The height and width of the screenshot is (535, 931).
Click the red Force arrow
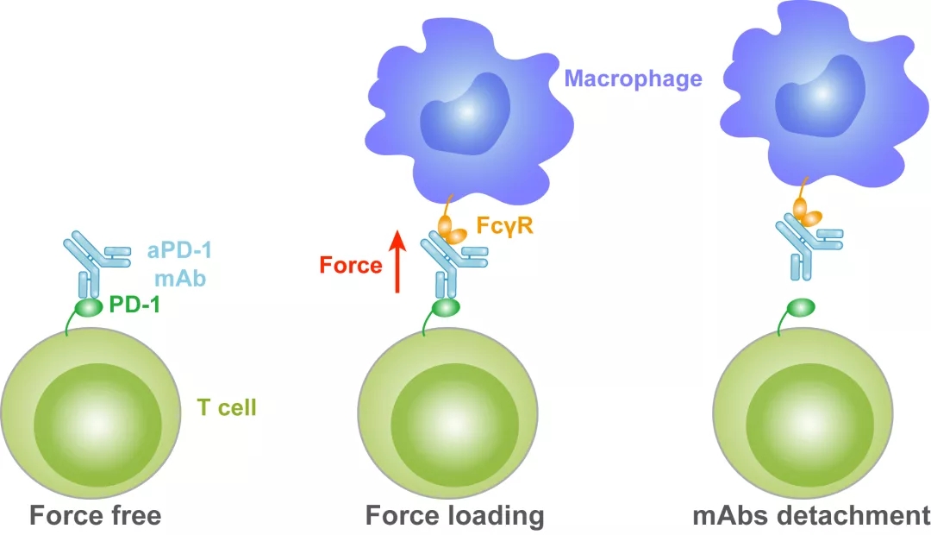point(398,261)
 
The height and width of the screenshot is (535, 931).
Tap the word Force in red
point(351,265)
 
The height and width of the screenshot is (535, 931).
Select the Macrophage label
point(633,79)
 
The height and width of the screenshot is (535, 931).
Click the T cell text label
point(227,407)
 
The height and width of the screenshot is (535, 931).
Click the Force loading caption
point(455,516)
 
